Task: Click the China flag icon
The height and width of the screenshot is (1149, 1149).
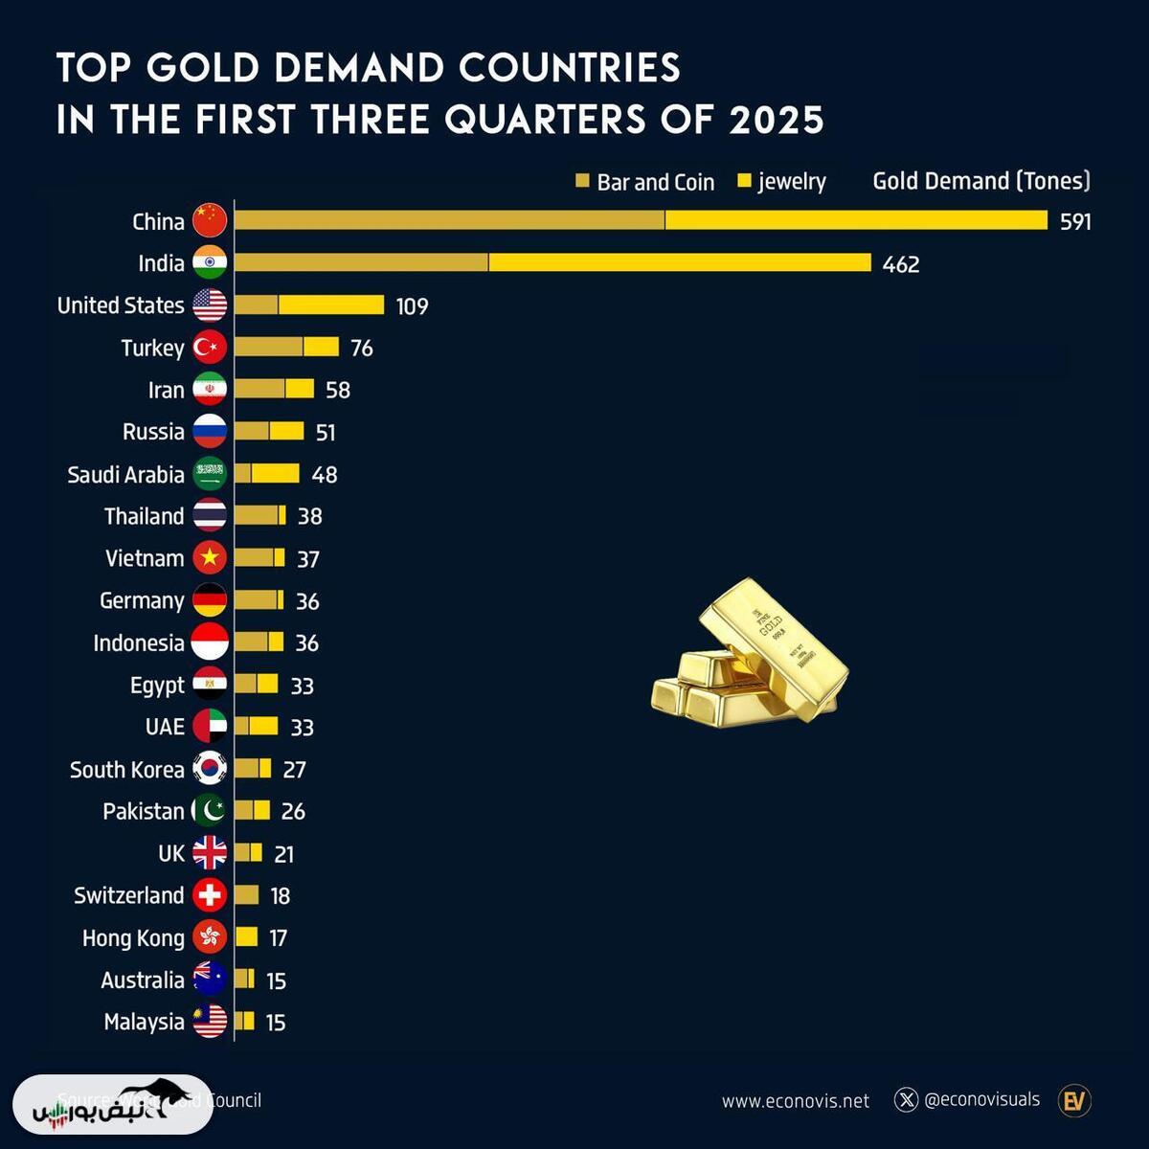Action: pos(210,220)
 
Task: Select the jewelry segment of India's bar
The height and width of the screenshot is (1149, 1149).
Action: pos(680,262)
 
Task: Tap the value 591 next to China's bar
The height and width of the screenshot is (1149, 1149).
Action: pos(1075,222)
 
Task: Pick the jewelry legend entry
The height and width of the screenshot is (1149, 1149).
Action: pos(782,182)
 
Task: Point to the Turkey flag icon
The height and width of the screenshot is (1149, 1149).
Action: pos(210,347)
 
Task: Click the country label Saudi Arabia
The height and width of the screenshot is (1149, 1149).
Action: pos(125,475)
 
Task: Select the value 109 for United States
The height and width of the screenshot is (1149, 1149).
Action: pos(412,306)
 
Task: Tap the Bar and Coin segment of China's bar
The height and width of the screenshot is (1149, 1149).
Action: pos(449,220)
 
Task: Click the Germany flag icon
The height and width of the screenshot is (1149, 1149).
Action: pos(210,600)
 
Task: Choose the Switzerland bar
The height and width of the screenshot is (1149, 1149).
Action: pos(247,895)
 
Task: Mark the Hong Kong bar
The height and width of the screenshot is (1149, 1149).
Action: pos(247,937)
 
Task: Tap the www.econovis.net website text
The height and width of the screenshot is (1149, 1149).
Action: pos(796,1101)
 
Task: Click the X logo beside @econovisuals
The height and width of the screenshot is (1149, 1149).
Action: pos(906,1100)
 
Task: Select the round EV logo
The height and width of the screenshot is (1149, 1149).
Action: pos(1074,1101)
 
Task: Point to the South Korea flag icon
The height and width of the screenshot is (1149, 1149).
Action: pos(210,769)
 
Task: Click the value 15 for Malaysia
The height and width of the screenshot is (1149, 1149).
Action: pos(276,1023)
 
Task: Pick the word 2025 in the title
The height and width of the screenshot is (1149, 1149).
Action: pos(777,121)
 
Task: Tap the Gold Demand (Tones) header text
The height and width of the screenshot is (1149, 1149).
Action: pos(981,181)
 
